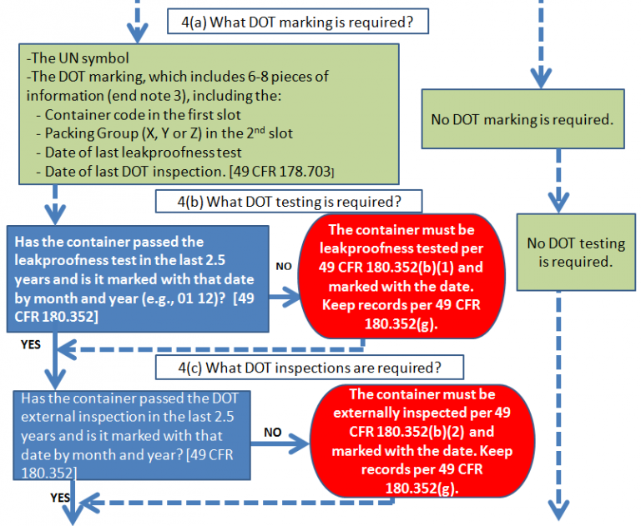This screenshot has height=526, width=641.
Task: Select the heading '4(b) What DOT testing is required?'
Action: pyautogui.click(x=289, y=201)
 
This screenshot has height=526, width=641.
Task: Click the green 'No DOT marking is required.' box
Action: pyautogui.click(x=534, y=119)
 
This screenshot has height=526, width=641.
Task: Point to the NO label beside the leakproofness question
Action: pyautogui.click(x=283, y=266)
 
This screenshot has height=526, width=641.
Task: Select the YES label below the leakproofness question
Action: pyautogui.click(x=32, y=342)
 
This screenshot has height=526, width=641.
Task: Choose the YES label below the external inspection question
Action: pyautogui.click(x=59, y=498)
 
